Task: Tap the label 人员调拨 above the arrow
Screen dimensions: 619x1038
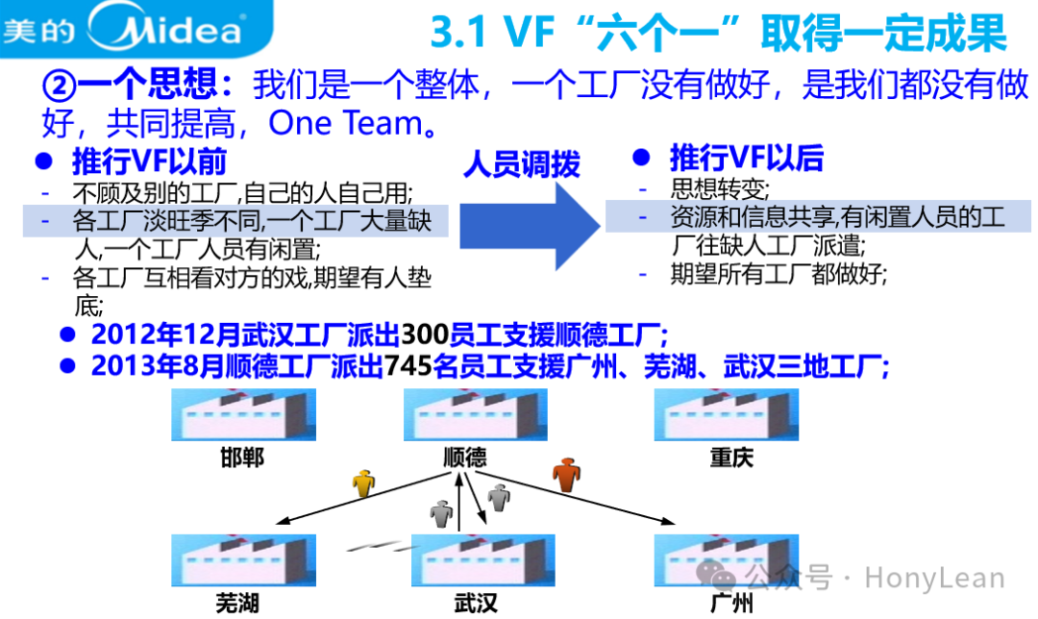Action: [522, 164]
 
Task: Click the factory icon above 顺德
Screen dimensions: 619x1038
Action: [465, 416]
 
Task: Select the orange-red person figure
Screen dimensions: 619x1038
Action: [567, 473]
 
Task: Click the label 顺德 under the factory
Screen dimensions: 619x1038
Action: [465, 457]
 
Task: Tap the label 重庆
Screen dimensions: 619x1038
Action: [731, 457]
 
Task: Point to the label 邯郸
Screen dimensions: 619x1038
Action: [242, 457]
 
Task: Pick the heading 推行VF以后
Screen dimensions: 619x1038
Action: [746, 158]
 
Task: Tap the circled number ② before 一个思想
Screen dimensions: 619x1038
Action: [59, 86]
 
